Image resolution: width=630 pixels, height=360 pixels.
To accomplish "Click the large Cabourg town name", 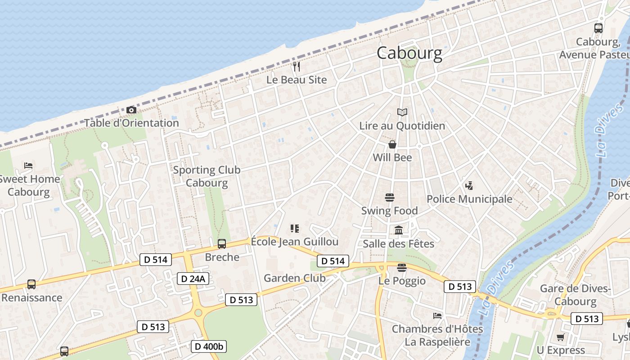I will point(409,53).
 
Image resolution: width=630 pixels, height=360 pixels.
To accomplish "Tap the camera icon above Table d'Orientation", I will point(131,110).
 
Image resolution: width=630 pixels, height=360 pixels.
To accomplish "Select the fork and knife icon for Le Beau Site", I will point(296,67).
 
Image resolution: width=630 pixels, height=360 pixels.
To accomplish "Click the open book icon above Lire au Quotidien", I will point(402,112).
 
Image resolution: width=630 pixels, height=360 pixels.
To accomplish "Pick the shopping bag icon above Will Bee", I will point(392,144).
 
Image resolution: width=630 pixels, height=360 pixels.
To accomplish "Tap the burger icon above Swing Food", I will point(390,198).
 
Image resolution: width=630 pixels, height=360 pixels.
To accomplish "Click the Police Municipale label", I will point(469,198).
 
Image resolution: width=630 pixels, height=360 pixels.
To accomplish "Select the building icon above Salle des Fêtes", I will point(399,231).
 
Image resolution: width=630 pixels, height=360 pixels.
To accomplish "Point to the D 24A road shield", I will point(193,279).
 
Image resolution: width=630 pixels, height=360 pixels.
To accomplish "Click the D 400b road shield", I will point(209,346).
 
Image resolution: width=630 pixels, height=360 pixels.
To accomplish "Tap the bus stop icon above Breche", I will point(222,244).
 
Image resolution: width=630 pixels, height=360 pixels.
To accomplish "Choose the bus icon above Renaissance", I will point(31,284).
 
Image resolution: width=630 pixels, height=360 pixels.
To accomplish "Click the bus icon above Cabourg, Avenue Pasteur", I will point(598,28).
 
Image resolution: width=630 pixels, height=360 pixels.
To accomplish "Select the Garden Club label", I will point(294,278).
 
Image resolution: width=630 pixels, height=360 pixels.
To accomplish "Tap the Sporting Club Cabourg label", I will point(207,176).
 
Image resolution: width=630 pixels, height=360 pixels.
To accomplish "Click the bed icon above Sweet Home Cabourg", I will point(28,166).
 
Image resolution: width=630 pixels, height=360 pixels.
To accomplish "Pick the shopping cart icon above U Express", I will point(561,337).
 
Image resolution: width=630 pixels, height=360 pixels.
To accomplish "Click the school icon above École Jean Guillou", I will point(295,229).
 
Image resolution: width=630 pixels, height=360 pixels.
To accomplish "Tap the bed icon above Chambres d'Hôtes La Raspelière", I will point(437,315).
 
